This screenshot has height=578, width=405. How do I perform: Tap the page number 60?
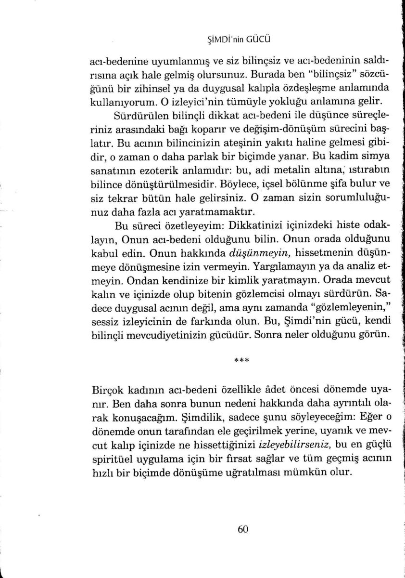point(242,529)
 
